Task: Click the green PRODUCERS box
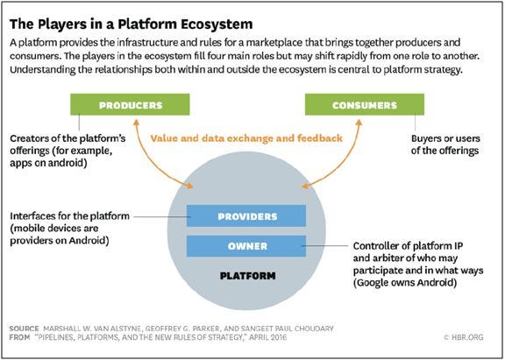point(130,104)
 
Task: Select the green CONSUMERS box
point(365,104)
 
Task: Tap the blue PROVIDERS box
point(246,215)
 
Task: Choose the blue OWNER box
point(246,246)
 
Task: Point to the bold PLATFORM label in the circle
point(247,276)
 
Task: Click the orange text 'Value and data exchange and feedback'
point(246,138)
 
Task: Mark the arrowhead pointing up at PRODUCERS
point(136,122)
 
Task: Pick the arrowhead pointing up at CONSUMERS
point(359,122)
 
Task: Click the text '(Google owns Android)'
point(405,283)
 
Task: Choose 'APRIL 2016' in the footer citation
point(267,337)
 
